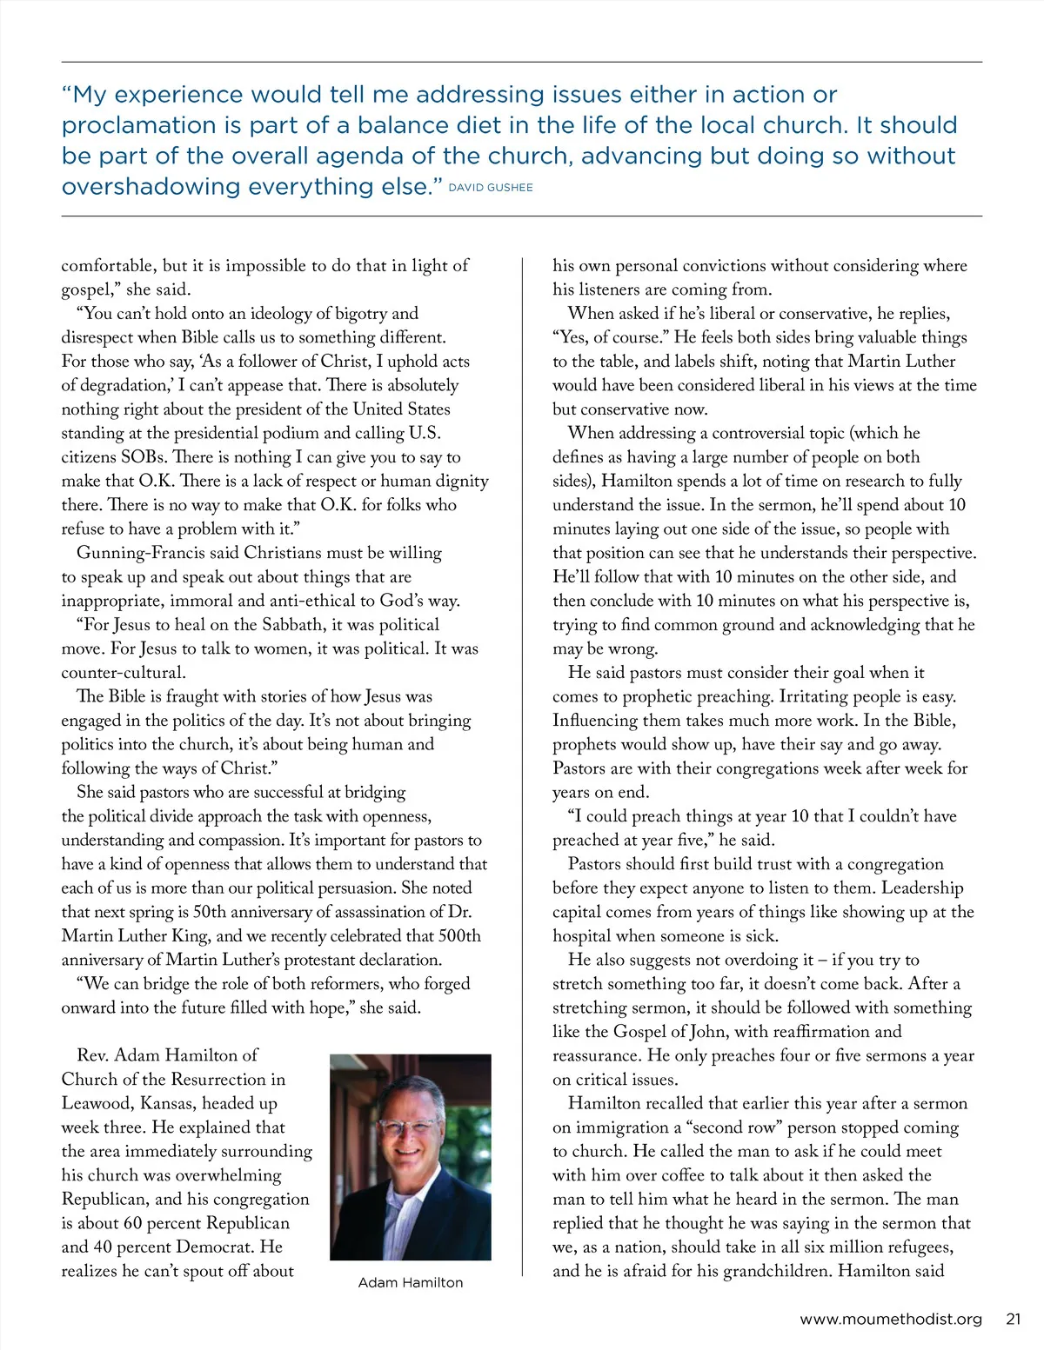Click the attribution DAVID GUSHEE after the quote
[x=490, y=188]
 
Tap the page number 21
[x=1013, y=1319]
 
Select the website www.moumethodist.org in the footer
[x=890, y=1319]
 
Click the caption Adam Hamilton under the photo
[x=411, y=1282]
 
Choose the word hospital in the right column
[x=583, y=936]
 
